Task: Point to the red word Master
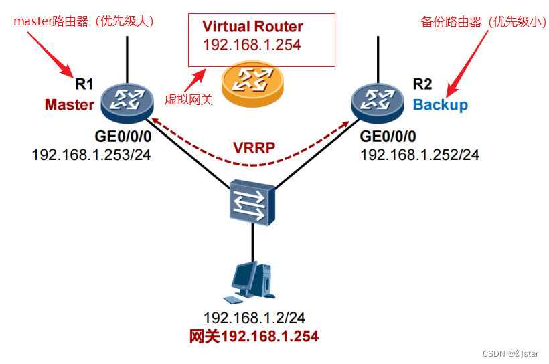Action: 70,105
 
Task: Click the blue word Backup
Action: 441,105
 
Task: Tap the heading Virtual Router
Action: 252,27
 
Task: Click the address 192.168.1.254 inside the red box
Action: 252,45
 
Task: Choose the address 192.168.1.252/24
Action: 420,155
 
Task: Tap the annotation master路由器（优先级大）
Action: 84,21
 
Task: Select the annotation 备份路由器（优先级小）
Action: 479,22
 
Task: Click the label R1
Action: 84,84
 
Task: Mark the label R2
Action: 422,84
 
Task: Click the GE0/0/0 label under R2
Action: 388,137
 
